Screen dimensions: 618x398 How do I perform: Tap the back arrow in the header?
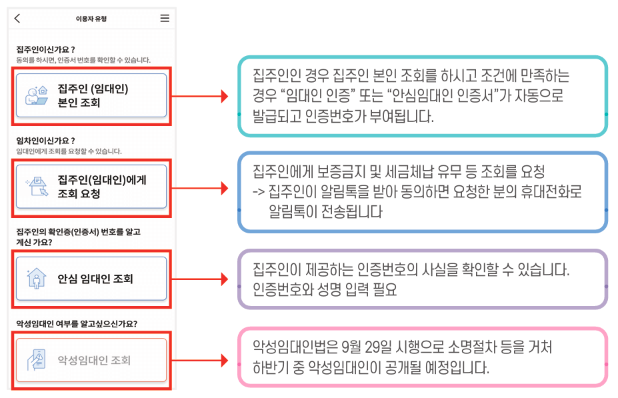coord(17,19)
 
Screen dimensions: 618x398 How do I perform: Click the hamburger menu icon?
coord(165,19)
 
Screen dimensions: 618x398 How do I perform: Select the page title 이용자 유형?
coord(91,19)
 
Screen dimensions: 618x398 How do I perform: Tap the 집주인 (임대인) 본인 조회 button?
coord(91,95)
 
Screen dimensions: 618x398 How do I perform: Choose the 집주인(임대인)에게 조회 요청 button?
coord(91,187)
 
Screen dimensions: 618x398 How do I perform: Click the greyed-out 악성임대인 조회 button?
coord(91,361)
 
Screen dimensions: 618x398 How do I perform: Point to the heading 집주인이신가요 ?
coord(45,49)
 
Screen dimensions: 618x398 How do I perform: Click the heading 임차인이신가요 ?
coord(45,141)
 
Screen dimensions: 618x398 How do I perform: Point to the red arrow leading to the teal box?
coord(200,97)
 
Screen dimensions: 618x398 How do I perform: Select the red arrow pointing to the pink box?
coord(200,361)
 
